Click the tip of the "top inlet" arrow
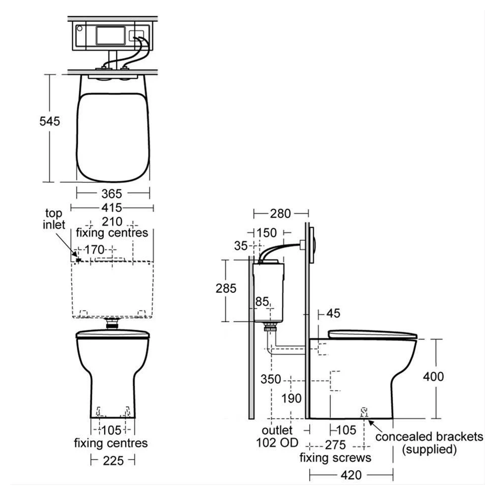[x=77, y=257]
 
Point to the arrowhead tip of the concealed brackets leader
[x=369, y=420]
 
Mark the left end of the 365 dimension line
[x=77, y=193]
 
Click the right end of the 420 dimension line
[x=393, y=475]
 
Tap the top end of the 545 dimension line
[x=49, y=75]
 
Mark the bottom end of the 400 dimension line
[x=436, y=418]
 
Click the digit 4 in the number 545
[x=49, y=121]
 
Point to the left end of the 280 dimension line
[x=254, y=214]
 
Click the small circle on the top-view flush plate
[x=80, y=28]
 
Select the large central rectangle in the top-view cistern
[x=111, y=35]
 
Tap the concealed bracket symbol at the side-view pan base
[x=364, y=412]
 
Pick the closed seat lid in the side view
[x=373, y=335]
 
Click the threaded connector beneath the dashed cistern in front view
[x=112, y=324]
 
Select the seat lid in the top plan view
[x=113, y=137]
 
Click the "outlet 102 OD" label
[x=277, y=436]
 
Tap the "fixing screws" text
[x=335, y=458]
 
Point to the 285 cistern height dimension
[x=226, y=288]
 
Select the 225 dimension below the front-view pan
[x=113, y=461]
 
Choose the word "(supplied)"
[x=429, y=449]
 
